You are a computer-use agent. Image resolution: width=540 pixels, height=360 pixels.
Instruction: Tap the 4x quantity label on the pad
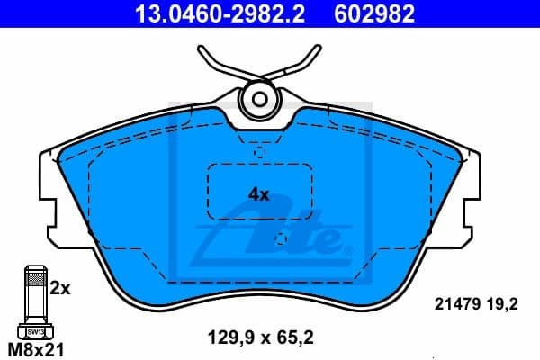(x=259, y=193)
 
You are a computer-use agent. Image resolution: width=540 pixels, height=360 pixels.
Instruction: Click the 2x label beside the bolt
(x=59, y=289)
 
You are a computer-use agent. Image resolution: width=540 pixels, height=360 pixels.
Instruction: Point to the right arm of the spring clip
(x=306, y=63)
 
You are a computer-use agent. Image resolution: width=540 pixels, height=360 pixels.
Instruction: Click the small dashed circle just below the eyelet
(x=259, y=152)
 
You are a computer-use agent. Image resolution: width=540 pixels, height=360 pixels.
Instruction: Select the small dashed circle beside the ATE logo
(x=281, y=239)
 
